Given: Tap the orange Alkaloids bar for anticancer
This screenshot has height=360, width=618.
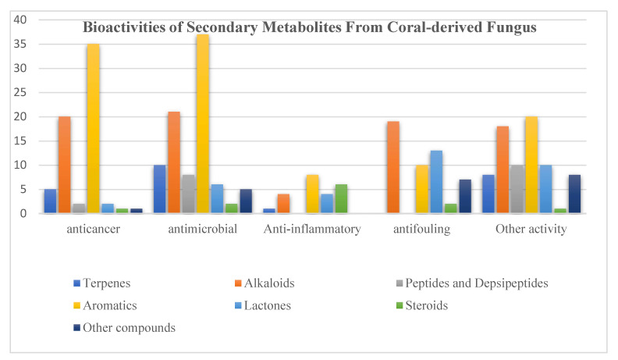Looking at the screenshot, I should tap(64, 165).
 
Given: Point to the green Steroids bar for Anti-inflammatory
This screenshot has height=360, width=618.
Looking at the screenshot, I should tap(341, 198).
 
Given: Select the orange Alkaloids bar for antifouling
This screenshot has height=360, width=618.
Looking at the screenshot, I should tap(393, 167).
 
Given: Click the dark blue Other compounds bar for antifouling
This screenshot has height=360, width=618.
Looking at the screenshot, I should tap(464, 196).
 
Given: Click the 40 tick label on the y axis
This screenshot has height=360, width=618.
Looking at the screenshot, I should tap(21, 20).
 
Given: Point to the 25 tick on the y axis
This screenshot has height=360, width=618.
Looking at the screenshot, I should tap(21, 92).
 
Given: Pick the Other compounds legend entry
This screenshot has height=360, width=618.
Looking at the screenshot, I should tap(132, 328).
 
